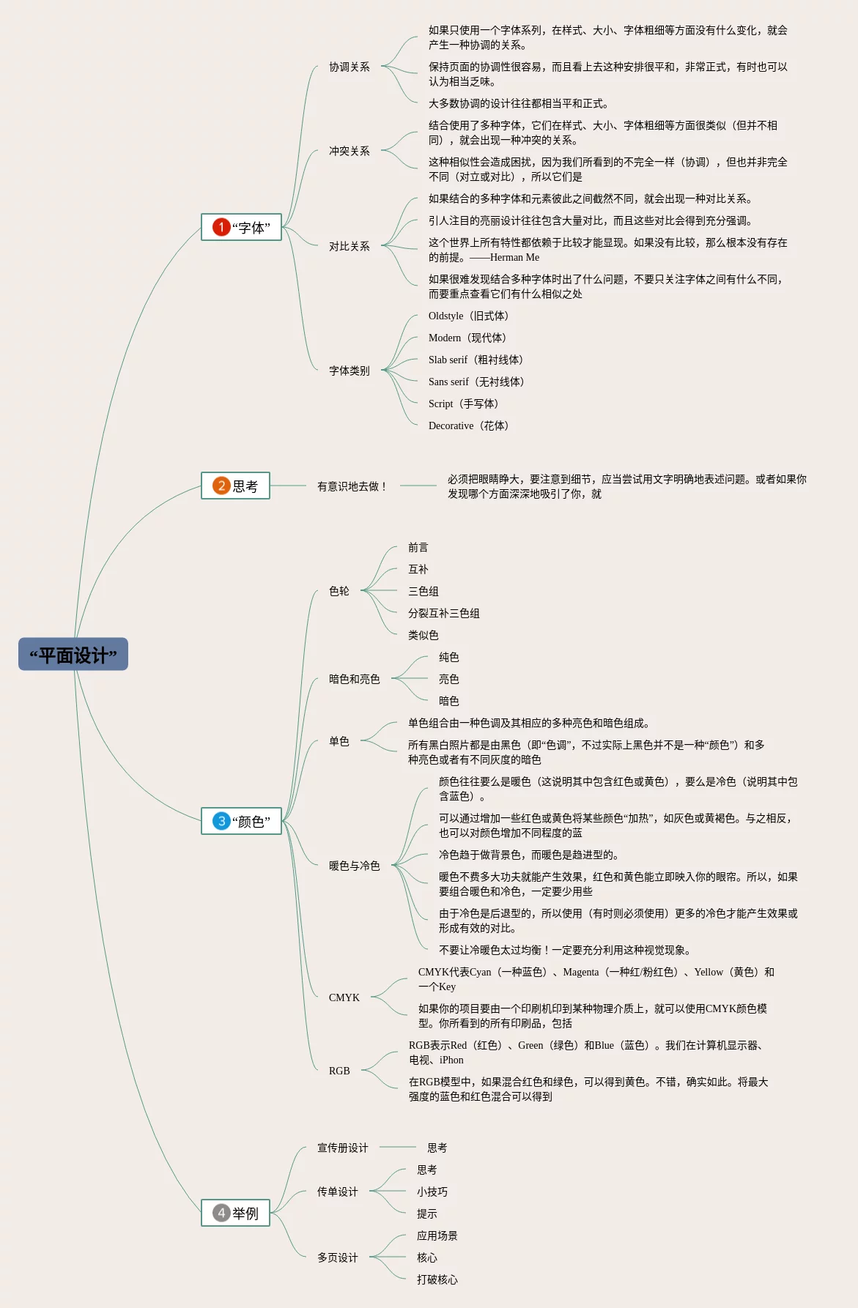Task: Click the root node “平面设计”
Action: [73, 654]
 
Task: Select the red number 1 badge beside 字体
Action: [221, 227]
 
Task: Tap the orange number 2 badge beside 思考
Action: [221, 486]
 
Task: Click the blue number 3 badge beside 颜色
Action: [221, 821]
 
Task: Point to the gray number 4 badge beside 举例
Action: [221, 1213]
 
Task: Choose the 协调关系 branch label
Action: [349, 67]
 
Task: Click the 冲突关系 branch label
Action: [349, 152]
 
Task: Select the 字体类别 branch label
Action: [349, 371]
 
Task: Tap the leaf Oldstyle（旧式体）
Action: [468, 316]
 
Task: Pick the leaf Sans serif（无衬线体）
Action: [476, 382]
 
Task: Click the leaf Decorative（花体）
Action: [468, 426]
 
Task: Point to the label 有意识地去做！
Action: [352, 486]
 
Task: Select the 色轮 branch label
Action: [339, 591]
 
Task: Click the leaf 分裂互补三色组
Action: [443, 614]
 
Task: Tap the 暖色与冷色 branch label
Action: [354, 866]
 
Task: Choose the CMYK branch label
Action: [344, 997]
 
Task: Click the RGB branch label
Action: [339, 1071]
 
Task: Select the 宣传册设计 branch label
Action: [342, 1148]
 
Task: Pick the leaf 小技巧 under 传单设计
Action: [432, 1192]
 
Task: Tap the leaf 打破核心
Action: [437, 1280]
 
